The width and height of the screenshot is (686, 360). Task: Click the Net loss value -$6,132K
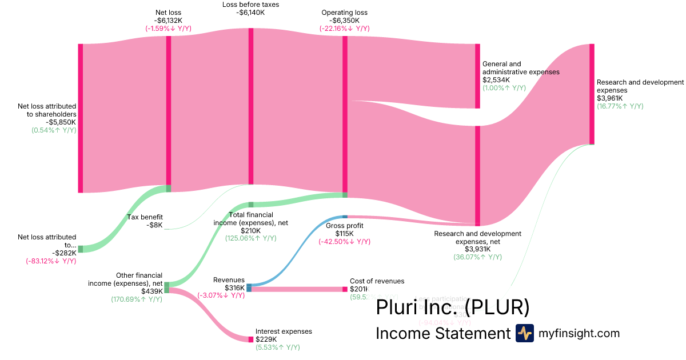[x=168, y=20]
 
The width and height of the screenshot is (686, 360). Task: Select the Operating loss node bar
[x=345, y=114]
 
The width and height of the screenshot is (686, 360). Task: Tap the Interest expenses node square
[x=250, y=339]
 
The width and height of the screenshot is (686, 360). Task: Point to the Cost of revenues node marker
[x=345, y=289]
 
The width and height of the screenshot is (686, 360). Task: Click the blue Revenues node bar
[x=249, y=287]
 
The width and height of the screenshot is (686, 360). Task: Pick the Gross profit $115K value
[x=344, y=233]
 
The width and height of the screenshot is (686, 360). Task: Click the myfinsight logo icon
[x=524, y=333]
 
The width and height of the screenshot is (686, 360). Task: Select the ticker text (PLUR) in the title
[x=497, y=307]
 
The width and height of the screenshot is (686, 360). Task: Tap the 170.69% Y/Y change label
[x=137, y=299]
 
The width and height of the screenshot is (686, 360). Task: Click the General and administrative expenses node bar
[x=477, y=75]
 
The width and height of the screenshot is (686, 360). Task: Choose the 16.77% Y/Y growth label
[x=620, y=106]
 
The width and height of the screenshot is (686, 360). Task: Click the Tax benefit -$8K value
[x=154, y=225]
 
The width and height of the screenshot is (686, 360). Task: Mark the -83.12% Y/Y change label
[x=51, y=261]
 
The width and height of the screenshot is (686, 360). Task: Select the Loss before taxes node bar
[x=250, y=106]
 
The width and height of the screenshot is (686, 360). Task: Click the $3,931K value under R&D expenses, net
[x=477, y=249]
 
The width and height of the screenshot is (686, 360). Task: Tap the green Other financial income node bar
[x=166, y=287]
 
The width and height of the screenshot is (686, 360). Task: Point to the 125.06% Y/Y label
[x=250, y=238]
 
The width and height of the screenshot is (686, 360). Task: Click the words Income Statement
[x=442, y=333]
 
